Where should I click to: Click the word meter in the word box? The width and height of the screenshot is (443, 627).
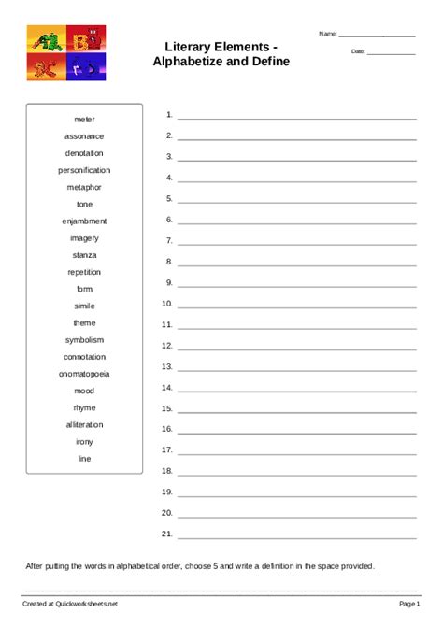coord(84,120)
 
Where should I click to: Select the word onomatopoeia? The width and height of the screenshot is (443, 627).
coord(84,374)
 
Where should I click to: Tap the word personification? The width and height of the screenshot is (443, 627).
coord(84,170)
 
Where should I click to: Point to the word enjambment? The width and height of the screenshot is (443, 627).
coord(84,221)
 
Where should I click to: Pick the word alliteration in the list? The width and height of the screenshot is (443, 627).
coord(84,424)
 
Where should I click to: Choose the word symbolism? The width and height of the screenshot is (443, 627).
coord(84,340)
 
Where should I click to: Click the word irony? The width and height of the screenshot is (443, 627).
coord(84,442)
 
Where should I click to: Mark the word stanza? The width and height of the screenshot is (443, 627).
coord(84,255)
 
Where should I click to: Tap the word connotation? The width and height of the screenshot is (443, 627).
coord(84,357)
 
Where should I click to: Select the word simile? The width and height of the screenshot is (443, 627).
coord(84,306)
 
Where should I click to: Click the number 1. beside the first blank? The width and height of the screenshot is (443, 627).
coord(169,115)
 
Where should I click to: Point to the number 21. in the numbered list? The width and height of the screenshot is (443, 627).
coord(167,534)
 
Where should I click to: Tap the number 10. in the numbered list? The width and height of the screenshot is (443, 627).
coord(167,304)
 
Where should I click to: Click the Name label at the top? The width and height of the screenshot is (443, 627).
coord(327,34)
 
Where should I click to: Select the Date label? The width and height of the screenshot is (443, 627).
coord(358,51)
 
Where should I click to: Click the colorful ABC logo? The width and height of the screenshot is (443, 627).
coord(65,52)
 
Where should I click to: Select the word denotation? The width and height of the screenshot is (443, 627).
coord(84,153)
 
